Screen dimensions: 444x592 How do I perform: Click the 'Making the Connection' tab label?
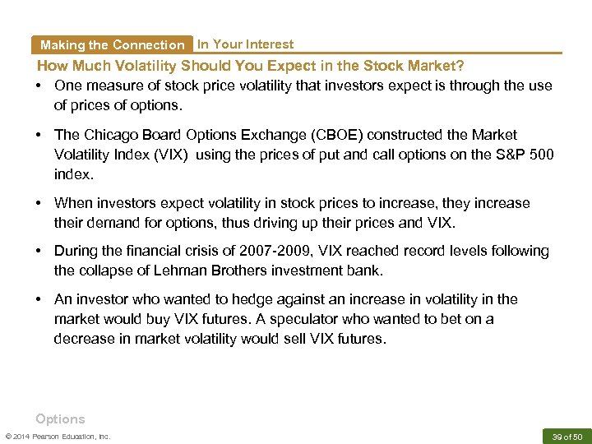pos(112,45)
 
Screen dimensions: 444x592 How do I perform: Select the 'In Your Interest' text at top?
pos(245,44)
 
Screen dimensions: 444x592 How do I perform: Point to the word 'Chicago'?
pos(106,135)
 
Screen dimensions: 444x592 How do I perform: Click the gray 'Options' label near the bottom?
pos(60,419)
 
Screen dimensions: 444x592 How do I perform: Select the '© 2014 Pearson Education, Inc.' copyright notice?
pos(58,436)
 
